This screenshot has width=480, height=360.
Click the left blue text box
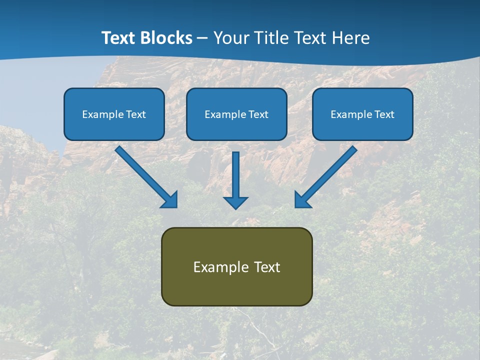(x=114, y=114)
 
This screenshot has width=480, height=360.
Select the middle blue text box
(x=236, y=114)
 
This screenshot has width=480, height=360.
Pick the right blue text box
(x=362, y=114)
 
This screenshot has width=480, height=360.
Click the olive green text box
(x=236, y=266)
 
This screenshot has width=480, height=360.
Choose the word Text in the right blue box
(x=384, y=114)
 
